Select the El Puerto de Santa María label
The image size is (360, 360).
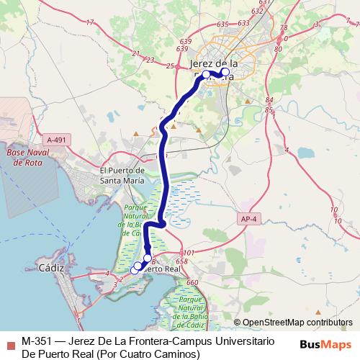pos(125,175)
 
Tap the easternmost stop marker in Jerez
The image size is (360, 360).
pos(225,72)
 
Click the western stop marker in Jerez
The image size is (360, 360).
pos(206,74)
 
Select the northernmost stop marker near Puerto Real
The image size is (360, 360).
pos(148,258)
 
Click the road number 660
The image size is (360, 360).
pos(192,283)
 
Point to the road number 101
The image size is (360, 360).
pos(189,253)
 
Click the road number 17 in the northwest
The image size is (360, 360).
pos(89,23)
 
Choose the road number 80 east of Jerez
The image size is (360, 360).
pos(278,49)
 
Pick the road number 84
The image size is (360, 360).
pos(269,100)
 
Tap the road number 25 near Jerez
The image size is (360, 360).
pos(170,67)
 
